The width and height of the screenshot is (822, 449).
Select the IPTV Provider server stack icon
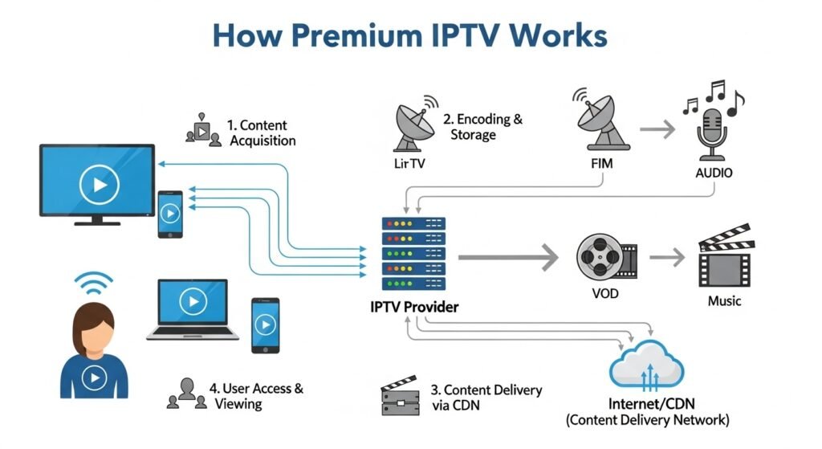(412, 255)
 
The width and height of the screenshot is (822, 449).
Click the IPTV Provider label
(414, 308)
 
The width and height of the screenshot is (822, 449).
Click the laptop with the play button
(193, 308)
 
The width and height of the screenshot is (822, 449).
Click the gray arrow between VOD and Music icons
(666, 257)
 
